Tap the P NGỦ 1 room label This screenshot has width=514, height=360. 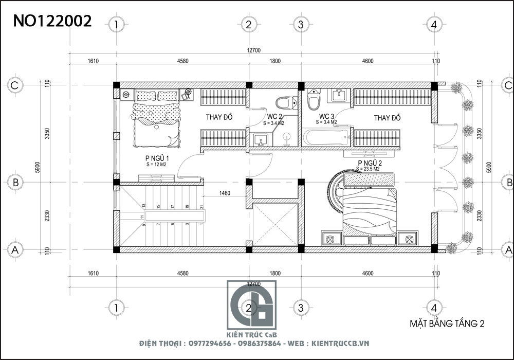coord(158,158)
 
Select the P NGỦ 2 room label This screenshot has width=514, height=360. coord(369,163)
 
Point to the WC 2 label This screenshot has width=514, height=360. coord(273,117)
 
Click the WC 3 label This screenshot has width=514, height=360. coord(327,117)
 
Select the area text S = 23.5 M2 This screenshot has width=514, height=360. coord(369,169)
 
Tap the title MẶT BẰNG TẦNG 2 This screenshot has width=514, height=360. coord(447,324)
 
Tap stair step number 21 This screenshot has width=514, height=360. coord(201,207)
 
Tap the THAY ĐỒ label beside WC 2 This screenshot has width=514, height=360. coord(219,118)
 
